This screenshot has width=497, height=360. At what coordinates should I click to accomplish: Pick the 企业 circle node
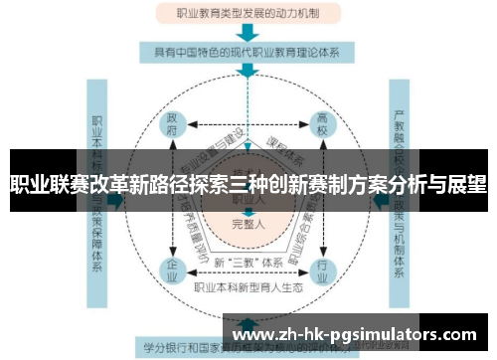pyautogui.click(x=173, y=269)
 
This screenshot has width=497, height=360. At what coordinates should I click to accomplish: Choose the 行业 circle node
pyautogui.click(x=322, y=269)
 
